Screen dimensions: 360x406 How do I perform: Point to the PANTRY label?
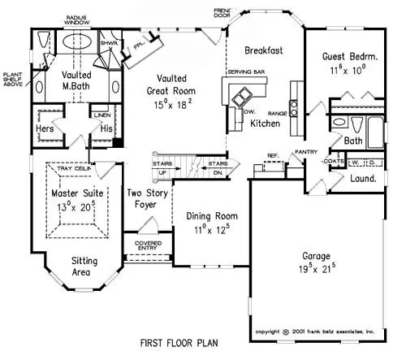point(305,151)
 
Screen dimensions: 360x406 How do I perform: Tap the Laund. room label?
point(363,178)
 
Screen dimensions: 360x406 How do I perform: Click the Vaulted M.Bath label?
point(76,81)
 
